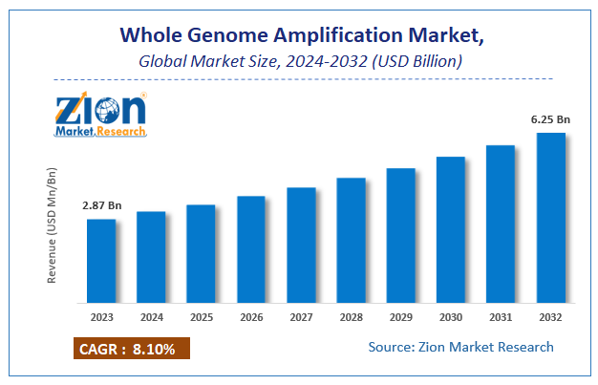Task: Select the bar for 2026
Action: pyautogui.click(x=251, y=249)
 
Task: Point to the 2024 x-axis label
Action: pyautogui.click(x=151, y=317)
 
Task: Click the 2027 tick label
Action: pyautogui.click(x=301, y=317)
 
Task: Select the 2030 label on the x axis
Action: pyautogui.click(x=451, y=317)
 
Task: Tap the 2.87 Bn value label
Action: pyautogui.click(x=102, y=205)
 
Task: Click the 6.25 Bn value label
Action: pyautogui.click(x=551, y=119)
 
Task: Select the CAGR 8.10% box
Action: pyautogui.click(x=131, y=349)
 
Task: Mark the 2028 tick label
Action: pyautogui.click(x=351, y=317)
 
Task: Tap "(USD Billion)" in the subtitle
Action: pyautogui.click(x=421, y=61)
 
